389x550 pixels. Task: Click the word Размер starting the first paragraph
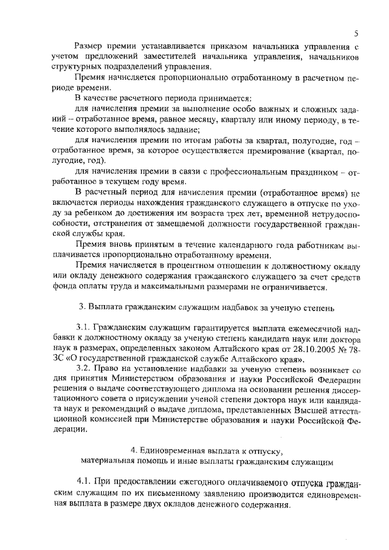(x=91, y=46)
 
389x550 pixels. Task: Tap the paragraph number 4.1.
(x=84, y=483)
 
